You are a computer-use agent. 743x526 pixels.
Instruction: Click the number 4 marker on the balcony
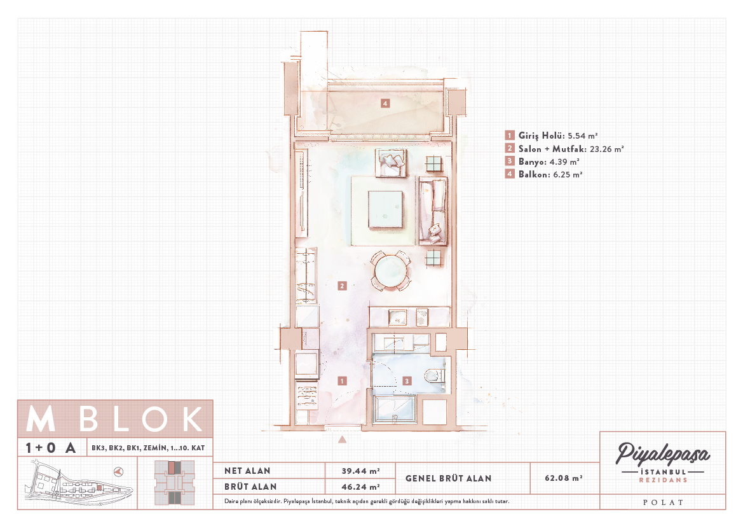385,103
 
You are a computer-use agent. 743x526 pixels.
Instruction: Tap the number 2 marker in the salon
342,286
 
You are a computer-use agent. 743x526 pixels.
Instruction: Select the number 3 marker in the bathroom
407,381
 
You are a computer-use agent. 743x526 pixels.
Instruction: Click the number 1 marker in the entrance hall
342,381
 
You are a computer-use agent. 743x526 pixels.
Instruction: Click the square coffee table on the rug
386,210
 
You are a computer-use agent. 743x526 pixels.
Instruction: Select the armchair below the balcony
391,163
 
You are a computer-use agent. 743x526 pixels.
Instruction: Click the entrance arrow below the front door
342,439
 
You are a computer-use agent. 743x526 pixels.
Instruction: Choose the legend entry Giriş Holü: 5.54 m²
551,135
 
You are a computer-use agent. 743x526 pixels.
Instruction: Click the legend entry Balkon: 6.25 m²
543,174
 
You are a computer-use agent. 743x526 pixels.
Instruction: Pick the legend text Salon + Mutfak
552,149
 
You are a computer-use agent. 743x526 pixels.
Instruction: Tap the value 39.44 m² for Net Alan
360,471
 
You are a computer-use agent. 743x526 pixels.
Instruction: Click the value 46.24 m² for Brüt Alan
360,487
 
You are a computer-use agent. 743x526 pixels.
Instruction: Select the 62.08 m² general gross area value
563,478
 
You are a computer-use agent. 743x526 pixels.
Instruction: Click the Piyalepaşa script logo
662,454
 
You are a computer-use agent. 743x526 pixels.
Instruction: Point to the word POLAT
663,502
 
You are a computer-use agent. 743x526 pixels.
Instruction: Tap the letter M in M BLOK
41,419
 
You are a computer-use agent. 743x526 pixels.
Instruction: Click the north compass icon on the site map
119,471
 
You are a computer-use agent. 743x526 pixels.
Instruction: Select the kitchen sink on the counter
397,318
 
